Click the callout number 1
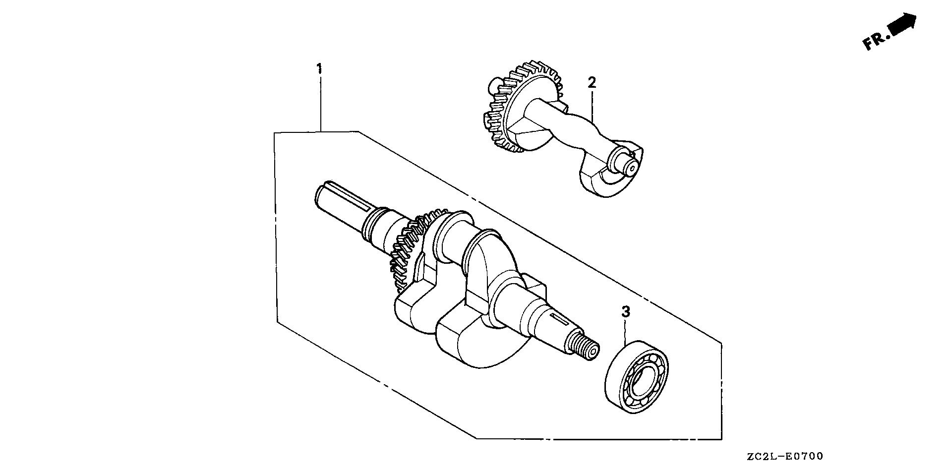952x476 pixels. click(x=320, y=68)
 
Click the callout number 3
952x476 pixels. click(x=626, y=312)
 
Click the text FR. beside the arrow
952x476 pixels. click(x=875, y=42)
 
